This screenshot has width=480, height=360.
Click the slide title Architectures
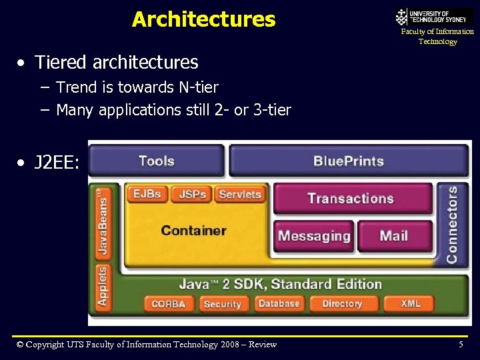click(x=203, y=19)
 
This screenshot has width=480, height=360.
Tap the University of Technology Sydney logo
click(x=434, y=16)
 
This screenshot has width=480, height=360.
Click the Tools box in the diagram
click(x=156, y=161)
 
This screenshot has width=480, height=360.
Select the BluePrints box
click(x=348, y=161)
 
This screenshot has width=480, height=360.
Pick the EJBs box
click(x=147, y=194)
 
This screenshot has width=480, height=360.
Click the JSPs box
click(x=192, y=194)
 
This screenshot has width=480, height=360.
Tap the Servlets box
click(x=239, y=194)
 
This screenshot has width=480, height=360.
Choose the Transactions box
click(x=351, y=198)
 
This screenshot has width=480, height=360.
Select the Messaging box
click(x=313, y=236)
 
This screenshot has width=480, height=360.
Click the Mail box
click(x=394, y=236)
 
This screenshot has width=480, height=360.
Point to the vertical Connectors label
click(x=452, y=224)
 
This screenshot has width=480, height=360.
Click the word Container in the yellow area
click(x=194, y=231)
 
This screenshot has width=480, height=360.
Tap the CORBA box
click(x=168, y=304)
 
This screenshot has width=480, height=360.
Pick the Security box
click(x=222, y=304)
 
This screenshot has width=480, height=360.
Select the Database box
click(x=279, y=304)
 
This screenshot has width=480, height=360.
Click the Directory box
click(x=342, y=304)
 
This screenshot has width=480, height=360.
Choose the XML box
click(x=410, y=304)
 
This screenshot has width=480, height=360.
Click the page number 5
click(x=461, y=345)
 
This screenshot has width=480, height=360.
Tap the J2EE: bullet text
click(x=56, y=162)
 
